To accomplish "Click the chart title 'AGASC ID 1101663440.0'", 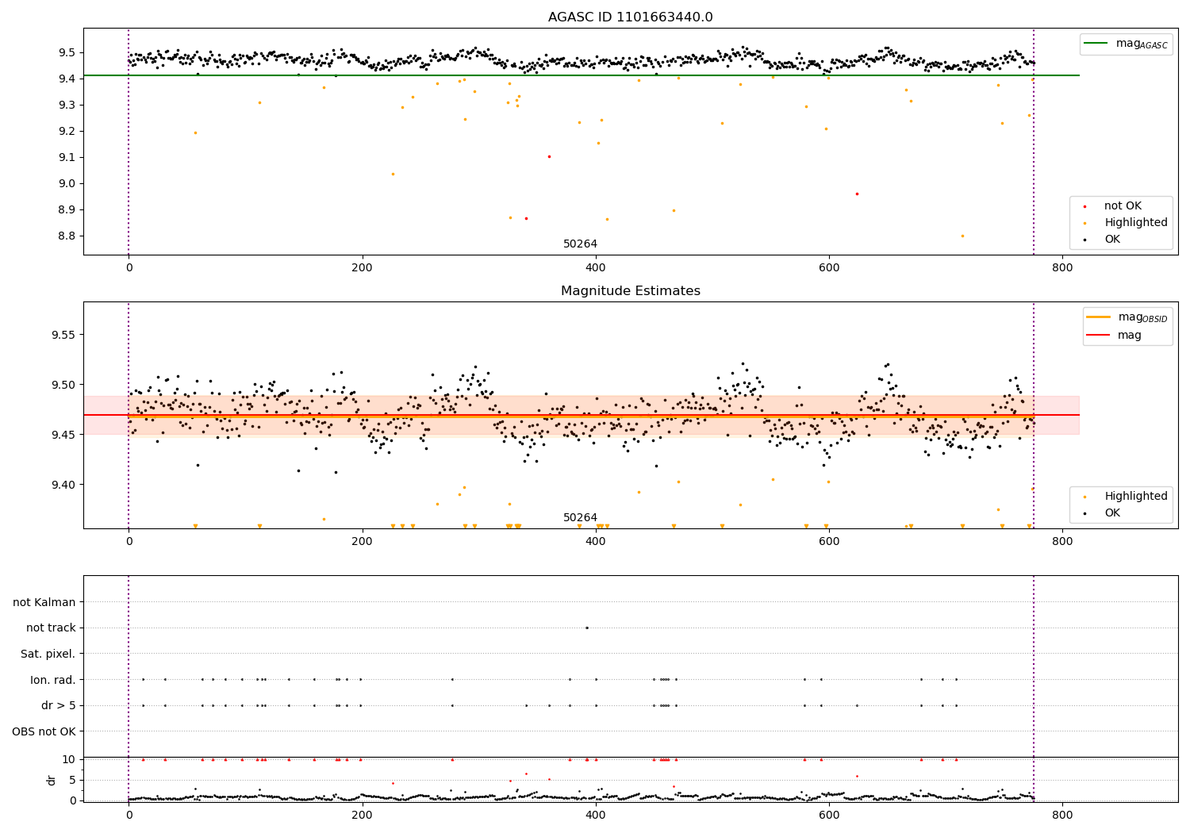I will pyautogui.click(x=630, y=17).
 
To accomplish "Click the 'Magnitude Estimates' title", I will pyautogui.click(x=630, y=291).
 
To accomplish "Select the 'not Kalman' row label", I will pyautogui.click(x=44, y=602).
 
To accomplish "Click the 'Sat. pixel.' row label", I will pyautogui.click(x=48, y=654).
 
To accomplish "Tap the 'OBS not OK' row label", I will pyautogui.click(x=44, y=731).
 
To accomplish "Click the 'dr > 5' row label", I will pyautogui.click(x=59, y=705).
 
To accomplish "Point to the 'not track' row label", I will pyautogui.click(x=51, y=628).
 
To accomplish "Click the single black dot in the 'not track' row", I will pyautogui.click(x=586, y=628).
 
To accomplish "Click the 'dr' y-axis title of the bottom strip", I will pyautogui.click(x=52, y=780).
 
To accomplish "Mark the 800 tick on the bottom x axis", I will pyautogui.click(x=1062, y=814).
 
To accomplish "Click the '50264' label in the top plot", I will pyautogui.click(x=580, y=244).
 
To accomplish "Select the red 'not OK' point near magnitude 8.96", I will pyautogui.click(x=857, y=194).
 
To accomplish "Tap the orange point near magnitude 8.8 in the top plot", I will pyautogui.click(x=962, y=236).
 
